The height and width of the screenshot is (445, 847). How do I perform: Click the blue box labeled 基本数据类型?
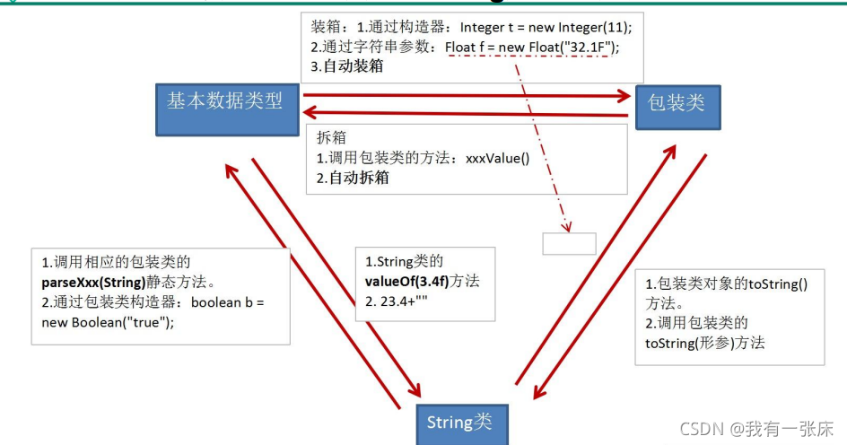point(225,109)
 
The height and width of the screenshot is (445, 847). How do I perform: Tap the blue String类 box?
point(459,422)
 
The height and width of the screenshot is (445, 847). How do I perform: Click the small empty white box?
point(569,243)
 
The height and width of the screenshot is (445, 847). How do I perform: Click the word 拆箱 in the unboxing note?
point(331,139)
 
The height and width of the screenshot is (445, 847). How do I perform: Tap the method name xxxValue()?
point(498,158)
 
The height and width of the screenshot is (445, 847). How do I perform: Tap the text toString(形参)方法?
point(704,342)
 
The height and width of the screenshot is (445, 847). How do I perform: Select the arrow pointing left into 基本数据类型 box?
point(467,112)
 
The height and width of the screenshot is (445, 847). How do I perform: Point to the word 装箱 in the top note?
point(325,28)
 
